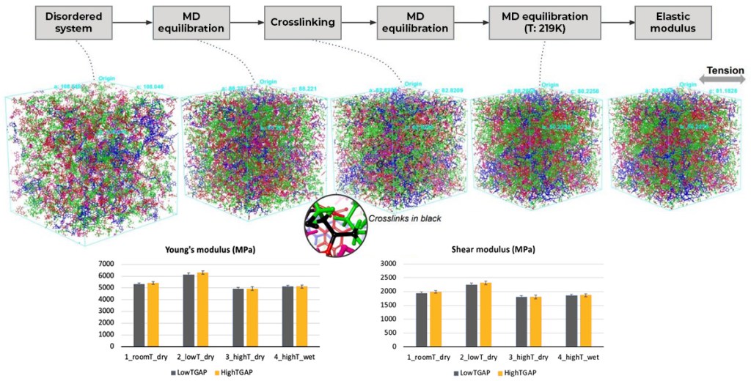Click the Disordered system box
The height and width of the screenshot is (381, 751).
click(x=73, y=22)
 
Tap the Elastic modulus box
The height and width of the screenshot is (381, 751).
click(x=673, y=22)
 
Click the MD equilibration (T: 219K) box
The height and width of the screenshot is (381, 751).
click(x=540, y=22)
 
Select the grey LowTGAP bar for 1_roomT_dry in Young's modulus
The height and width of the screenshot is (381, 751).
click(x=139, y=315)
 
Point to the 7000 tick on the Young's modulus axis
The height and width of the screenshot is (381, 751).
click(x=107, y=264)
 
